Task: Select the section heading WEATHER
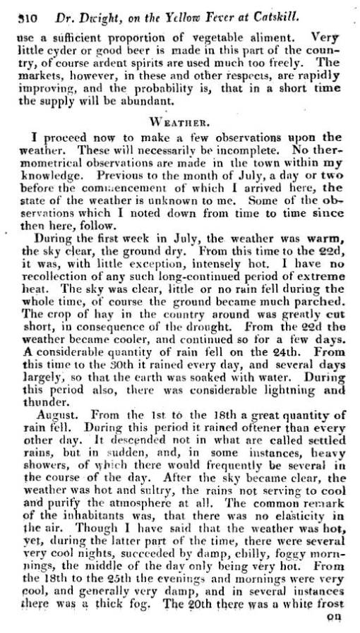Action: tap(184, 119)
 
